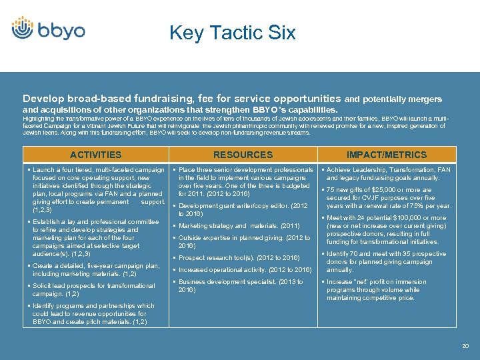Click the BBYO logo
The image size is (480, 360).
48,29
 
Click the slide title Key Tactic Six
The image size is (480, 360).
232,33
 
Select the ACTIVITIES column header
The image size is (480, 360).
96,155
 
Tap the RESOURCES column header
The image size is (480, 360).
243,155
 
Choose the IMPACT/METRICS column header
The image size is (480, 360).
387,155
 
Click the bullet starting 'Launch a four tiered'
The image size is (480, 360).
98,190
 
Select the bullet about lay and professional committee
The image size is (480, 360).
95,237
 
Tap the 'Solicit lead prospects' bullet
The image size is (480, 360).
93,289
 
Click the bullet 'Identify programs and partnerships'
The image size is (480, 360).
93,314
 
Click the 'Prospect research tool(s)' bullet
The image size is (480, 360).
239,257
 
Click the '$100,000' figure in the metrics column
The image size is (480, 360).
417,218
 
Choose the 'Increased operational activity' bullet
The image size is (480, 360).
245,269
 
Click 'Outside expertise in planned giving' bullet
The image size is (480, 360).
243,241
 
